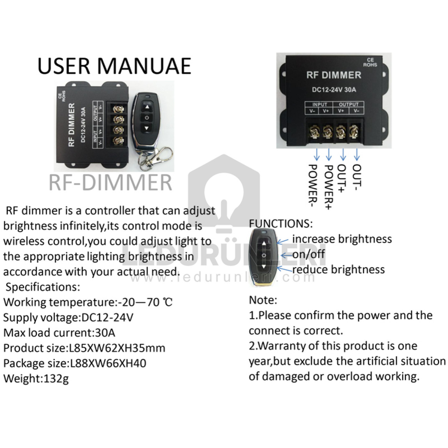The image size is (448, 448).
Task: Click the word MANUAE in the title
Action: [x=144, y=66]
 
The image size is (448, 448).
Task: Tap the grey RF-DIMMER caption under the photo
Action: [x=111, y=183]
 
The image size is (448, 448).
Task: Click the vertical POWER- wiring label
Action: [x=313, y=186]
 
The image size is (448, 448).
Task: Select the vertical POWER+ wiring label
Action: [x=329, y=187]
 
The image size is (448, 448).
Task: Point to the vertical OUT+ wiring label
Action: [x=342, y=179]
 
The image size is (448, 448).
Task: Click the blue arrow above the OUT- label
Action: [x=357, y=155]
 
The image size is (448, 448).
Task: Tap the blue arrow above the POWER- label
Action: [x=316, y=155]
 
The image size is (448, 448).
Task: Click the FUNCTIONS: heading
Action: [x=281, y=224]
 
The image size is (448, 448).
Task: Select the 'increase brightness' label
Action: [x=342, y=239]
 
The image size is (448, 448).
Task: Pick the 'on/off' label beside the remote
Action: [x=308, y=254]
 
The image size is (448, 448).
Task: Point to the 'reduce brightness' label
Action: [x=338, y=269]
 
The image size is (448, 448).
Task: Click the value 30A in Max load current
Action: [x=105, y=333]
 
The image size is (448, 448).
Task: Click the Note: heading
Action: [x=263, y=300]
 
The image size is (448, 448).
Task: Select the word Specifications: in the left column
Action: [x=43, y=287]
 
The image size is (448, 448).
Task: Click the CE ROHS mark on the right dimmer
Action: [x=370, y=62]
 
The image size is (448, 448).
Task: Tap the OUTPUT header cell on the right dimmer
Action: [x=348, y=104]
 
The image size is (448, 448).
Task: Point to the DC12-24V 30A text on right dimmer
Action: [x=334, y=90]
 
